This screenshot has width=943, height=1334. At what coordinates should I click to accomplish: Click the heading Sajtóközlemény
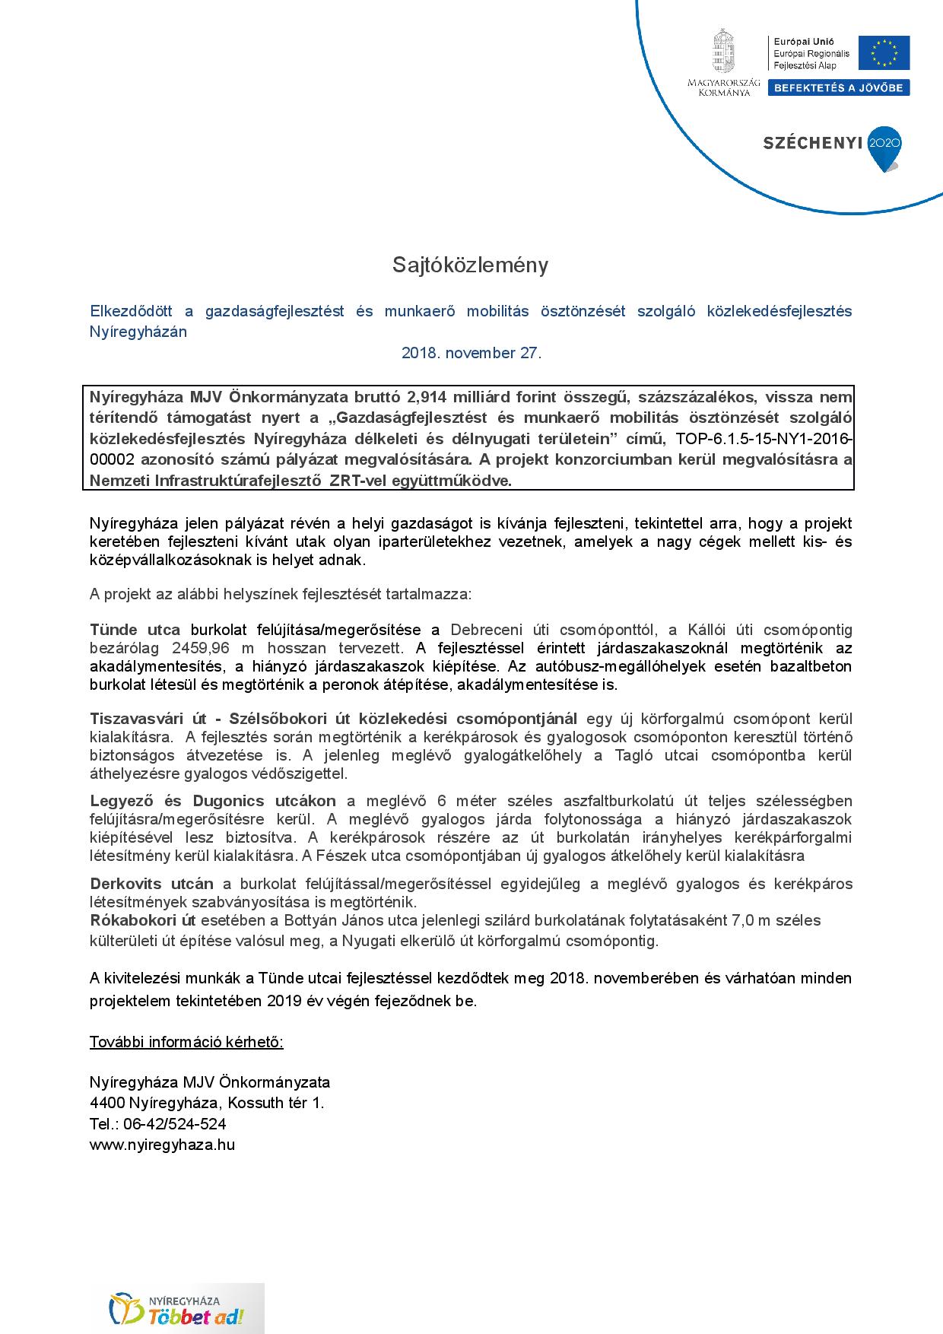[x=470, y=265]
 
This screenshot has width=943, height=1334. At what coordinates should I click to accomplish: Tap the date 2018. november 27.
[x=471, y=353]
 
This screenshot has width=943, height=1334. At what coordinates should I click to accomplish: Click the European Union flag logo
[x=884, y=53]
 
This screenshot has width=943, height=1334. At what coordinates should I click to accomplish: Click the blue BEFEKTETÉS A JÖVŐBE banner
[x=838, y=88]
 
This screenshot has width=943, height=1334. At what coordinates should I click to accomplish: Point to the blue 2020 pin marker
[x=884, y=146]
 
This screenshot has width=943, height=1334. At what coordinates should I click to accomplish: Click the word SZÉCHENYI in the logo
[x=812, y=143]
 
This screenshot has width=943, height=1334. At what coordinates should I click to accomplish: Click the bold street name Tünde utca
[x=135, y=630]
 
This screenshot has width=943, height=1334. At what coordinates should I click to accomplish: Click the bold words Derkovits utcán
[x=151, y=884]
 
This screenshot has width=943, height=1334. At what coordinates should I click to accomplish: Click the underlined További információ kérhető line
[x=186, y=1042]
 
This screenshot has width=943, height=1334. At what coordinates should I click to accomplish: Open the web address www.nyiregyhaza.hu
[x=162, y=1145]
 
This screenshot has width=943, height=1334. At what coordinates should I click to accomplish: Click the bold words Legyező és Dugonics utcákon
[x=212, y=801]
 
